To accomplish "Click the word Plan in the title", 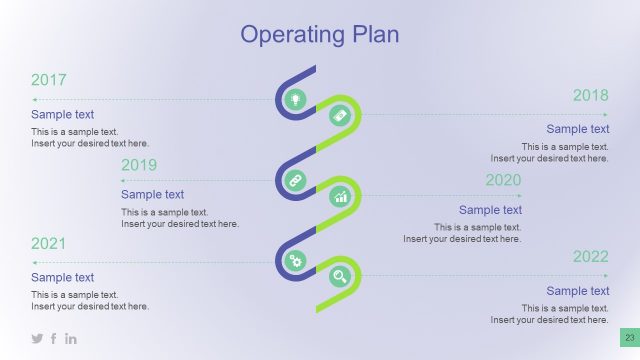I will coord(374,35).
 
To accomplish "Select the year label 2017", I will coord(49,80).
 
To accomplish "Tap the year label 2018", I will coord(590,95).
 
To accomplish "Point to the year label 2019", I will coord(139,165).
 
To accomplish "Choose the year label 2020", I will coord(503,180).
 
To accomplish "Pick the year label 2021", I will coord(49,243).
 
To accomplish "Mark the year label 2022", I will coord(590,257).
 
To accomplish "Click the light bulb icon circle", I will coord(295,99).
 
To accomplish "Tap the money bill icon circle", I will coord(340,116).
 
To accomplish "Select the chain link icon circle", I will coord(295,180).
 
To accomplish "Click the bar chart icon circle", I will coord(340,196).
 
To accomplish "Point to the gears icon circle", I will coord(295,261).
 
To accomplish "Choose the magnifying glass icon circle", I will coord(340,277).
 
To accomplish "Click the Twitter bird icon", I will coord(37,339).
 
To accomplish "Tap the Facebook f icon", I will coord(54,339).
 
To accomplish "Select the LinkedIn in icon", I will coord(71,339).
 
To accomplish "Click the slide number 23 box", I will coord(630,339).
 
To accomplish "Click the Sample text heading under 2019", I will coord(152,195).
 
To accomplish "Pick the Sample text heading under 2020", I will coord(490,210).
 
